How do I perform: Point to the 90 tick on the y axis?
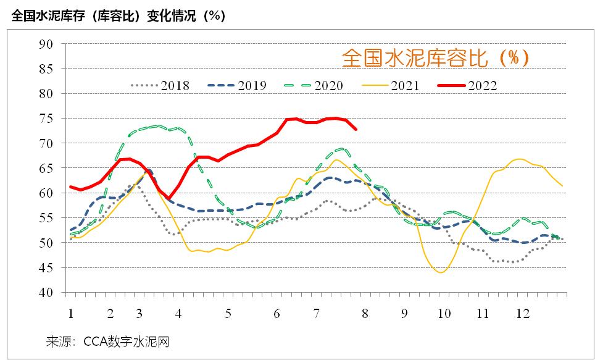tap(46, 44)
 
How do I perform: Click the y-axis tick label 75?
tap(46, 119)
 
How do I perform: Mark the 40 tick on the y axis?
tap(46, 293)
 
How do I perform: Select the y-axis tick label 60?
tap(46, 193)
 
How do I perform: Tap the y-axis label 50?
tap(46, 243)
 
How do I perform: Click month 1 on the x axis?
tap(71, 313)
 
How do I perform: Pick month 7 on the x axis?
tap(316, 313)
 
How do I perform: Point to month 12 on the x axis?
tap(523, 313)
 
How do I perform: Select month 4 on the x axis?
tap(179, 313)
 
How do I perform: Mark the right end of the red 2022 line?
tap(356, 129)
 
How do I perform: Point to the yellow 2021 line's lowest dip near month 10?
tap(441, 272)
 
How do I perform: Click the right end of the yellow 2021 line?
tap(562, 185)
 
